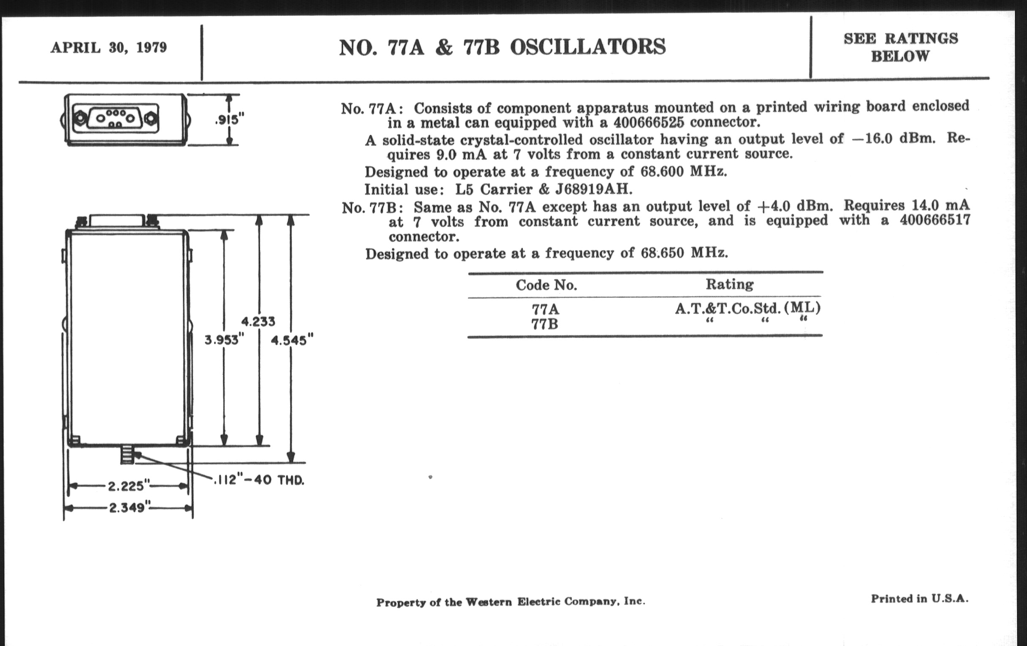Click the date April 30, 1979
[109, 47]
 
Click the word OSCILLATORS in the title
[587, 47]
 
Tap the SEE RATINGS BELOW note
[900, 47]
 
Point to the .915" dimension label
[229, 120]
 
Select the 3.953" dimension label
[224, 340]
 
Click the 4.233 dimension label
[258, 321]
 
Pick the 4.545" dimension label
[292, 340]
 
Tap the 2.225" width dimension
[129, 486]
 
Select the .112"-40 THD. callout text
[259, 480]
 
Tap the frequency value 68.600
[662, 171]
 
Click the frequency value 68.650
[662, 253]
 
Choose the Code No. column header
[546, 285]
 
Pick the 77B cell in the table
[545, 325]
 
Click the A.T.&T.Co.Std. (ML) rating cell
[747, 308]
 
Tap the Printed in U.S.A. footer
[919, 599]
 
